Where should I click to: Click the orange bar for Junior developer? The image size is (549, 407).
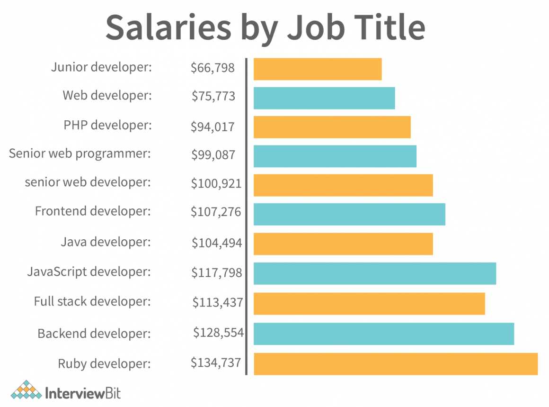318,69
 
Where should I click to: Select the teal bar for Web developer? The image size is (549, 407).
324,98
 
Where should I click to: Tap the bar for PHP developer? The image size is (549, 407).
332,127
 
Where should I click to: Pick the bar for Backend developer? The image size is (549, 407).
384,334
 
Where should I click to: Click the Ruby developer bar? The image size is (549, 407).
396,363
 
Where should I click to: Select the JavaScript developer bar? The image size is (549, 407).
375,273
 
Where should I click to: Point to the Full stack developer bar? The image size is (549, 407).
369,303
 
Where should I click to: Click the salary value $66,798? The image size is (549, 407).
213,68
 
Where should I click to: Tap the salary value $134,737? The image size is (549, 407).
216,363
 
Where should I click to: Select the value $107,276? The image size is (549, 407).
216,211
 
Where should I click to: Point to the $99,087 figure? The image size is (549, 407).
213,154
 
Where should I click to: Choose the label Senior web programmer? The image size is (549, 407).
80,154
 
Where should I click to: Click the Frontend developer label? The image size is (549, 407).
93,210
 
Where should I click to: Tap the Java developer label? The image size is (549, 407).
106,242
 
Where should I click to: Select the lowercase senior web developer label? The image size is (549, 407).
88,182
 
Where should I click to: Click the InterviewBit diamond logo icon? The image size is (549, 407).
26,390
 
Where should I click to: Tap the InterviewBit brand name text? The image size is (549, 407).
83,393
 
